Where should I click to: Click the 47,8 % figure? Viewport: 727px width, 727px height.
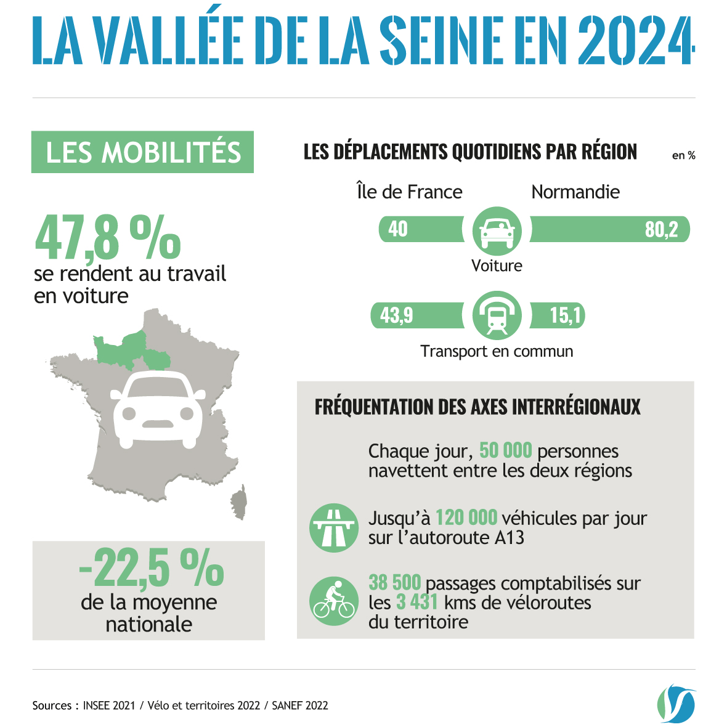(x=108, y=237)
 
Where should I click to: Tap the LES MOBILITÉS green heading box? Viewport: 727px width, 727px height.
(x=142, y=152)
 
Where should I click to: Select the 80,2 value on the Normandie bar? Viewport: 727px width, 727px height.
(x=661, y=229)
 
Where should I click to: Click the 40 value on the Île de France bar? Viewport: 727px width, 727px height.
(x=398, y=229)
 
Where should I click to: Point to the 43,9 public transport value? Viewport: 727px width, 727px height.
(x=396, y=315)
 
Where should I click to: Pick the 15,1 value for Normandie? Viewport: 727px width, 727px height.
(x=565, y=315)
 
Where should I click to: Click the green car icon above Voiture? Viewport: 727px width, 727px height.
(x=497, y=231)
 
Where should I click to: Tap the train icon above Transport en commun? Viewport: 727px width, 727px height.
(x=497, y=315)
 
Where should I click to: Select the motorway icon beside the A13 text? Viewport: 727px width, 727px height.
(x=333, y=527)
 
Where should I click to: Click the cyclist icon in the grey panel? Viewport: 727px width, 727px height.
(x=333, y=601)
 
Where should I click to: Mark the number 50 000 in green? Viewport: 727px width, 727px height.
(x=505, y=450)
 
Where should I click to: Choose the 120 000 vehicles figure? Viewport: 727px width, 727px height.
(x=466, y=518)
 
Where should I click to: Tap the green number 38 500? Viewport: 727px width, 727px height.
(x=394, y=582)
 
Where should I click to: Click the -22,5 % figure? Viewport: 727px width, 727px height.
(x=151, y=568)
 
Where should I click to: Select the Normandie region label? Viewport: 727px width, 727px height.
(x=575, y=192)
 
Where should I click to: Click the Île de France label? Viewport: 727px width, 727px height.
(x=409, y=192)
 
